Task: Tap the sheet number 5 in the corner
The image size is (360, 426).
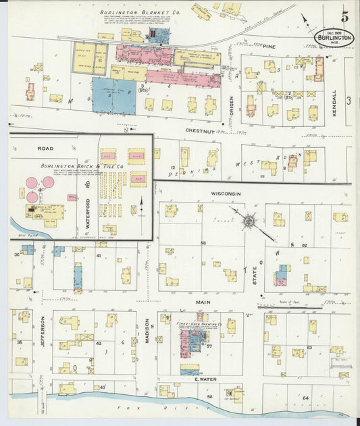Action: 344,16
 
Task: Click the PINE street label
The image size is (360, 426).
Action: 270,47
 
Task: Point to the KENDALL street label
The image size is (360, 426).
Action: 335,103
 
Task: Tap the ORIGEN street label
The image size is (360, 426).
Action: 231,102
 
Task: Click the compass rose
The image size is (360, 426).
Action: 249,221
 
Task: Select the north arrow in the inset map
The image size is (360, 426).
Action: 143,203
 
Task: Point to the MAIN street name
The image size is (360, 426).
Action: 203,302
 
